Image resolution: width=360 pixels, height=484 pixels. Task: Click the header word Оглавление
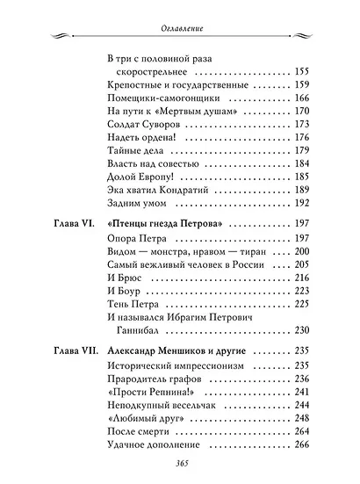[179, 28]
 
